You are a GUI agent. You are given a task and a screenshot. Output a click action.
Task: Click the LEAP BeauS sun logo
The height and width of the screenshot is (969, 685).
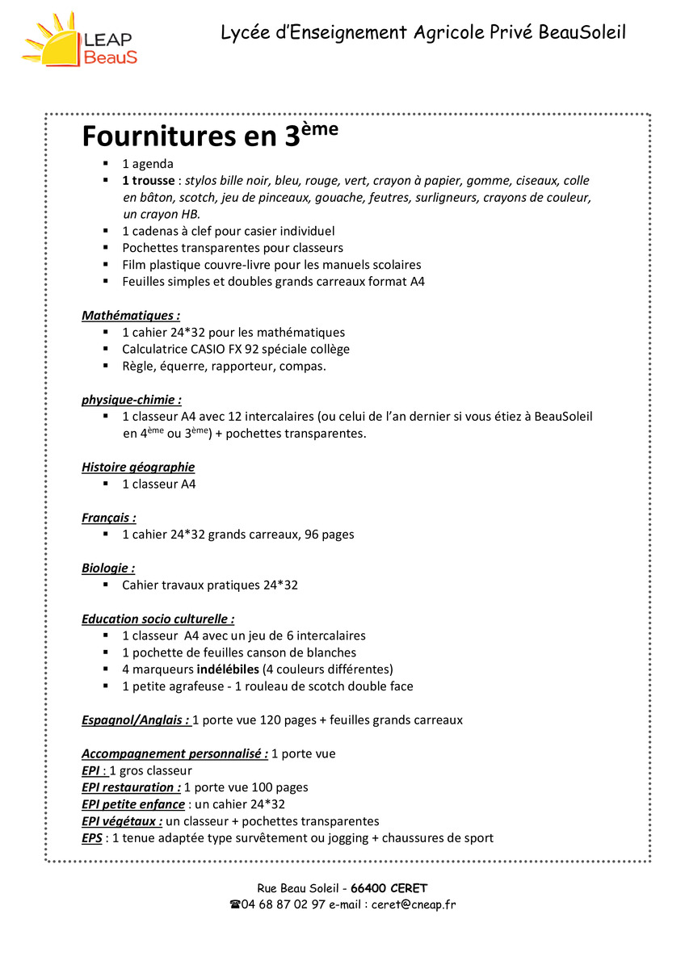coord(80,40)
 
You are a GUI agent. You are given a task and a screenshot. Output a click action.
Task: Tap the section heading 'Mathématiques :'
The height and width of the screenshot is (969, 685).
coord(130,316)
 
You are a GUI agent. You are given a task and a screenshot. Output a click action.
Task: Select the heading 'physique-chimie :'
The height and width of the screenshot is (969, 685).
coord(131,400)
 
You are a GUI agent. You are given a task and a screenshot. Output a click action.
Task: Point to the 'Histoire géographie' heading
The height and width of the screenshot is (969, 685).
coord(138,467)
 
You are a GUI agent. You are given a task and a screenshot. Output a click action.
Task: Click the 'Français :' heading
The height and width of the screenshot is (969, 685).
coord(108,518)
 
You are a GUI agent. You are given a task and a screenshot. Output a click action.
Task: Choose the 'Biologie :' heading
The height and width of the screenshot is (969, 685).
coord(107,568)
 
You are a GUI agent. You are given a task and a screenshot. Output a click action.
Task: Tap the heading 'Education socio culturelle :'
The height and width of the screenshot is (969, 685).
coord(158,619)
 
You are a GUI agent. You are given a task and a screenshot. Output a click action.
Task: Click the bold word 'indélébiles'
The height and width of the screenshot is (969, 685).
coord(228,669)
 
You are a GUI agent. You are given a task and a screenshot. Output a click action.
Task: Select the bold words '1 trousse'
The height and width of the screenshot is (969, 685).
coord(148,181)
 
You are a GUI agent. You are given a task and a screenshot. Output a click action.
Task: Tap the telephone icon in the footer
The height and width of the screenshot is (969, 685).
coord(235,904)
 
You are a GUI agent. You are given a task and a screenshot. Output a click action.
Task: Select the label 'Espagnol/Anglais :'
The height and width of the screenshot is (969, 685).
coord(135,720)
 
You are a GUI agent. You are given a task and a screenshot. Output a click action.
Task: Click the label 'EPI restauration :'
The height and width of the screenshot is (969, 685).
coord(131,787)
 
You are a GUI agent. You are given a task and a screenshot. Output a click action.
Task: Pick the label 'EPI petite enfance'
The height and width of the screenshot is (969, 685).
coord(132,804)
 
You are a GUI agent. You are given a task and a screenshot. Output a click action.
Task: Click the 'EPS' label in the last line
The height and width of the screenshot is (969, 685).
coord(91,838)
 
